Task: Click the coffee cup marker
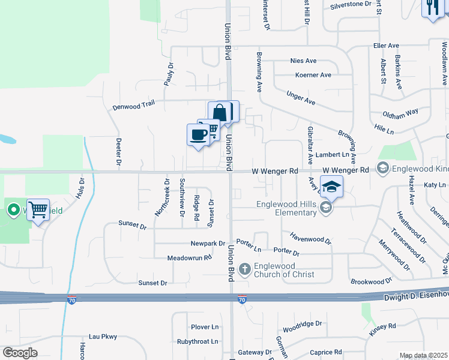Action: [x=197, y=135]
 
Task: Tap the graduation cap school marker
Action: [x=331, y=187]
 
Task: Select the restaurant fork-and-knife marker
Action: [x=432, y=8]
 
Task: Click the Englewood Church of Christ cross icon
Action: [x=244, y=269]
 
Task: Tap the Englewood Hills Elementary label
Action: [x=286, y=208]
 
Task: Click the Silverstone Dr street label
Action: [x=351, y=5]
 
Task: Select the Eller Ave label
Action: [x=386, y=46]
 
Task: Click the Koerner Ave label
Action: [x=313, y=75]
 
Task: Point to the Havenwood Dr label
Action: [x=310, y=238]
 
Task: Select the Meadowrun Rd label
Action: [x=190, y=258]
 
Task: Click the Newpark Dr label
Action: [x=208, y=244]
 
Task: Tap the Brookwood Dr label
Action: [x=371, y=281]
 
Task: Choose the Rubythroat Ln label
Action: [x=197, y=341]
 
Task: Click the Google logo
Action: [x=20, y=353]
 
